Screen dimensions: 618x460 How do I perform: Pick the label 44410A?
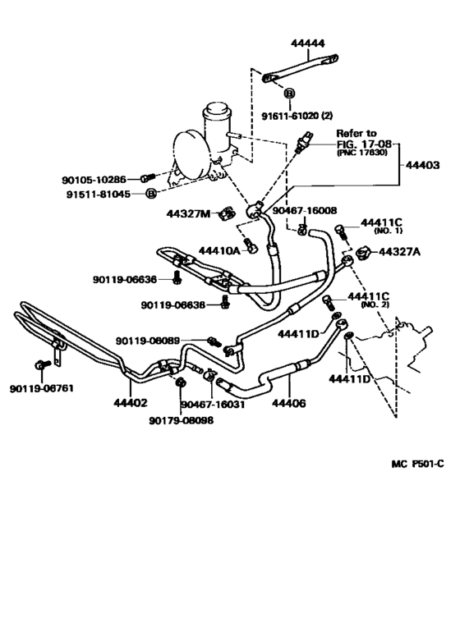click(219, 249)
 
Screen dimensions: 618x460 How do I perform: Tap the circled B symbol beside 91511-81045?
click(151, 194)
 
